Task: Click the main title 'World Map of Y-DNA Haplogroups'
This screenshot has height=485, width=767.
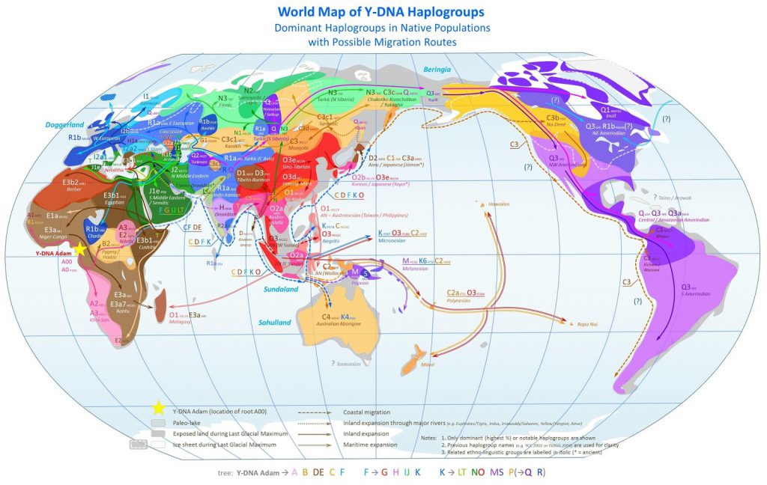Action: point(381,12)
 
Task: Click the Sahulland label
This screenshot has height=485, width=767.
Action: point(275,323)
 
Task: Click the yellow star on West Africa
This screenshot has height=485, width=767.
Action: point(79,248)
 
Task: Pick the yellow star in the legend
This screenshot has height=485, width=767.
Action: point(158,408)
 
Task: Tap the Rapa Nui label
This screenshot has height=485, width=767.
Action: point(588,324)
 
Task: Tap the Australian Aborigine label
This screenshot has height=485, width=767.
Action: point(340,324)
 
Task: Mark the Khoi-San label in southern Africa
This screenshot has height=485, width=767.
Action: point(100,319)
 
